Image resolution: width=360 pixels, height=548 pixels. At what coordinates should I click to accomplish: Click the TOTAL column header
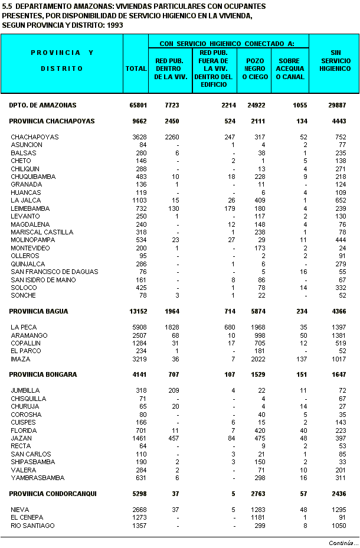[136, 68]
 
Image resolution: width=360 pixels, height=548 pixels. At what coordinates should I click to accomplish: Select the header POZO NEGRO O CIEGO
[254, 68]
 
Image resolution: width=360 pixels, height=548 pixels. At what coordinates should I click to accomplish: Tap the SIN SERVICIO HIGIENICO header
[335, 61]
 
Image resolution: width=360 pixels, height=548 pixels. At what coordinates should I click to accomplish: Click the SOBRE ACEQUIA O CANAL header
[290, 68]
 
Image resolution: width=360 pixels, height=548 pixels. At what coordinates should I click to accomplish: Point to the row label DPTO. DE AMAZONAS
[42, 105]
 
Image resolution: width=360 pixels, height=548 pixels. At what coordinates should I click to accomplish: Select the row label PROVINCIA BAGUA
[38, 311]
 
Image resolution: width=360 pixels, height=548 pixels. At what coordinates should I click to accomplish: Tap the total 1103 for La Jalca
[139, 200]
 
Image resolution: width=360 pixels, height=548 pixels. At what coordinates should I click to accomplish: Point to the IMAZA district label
[20, 359]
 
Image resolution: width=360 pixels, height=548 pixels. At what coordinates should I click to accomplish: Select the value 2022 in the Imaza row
[258, 359]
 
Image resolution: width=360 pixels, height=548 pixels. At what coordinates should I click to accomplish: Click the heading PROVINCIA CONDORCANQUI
[53, 494]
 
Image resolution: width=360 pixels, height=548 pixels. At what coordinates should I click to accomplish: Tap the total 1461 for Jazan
[139, 438]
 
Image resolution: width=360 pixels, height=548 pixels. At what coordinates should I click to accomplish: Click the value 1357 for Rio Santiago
[139, 526]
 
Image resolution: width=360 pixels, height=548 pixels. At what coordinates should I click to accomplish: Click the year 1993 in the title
[107, 25]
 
